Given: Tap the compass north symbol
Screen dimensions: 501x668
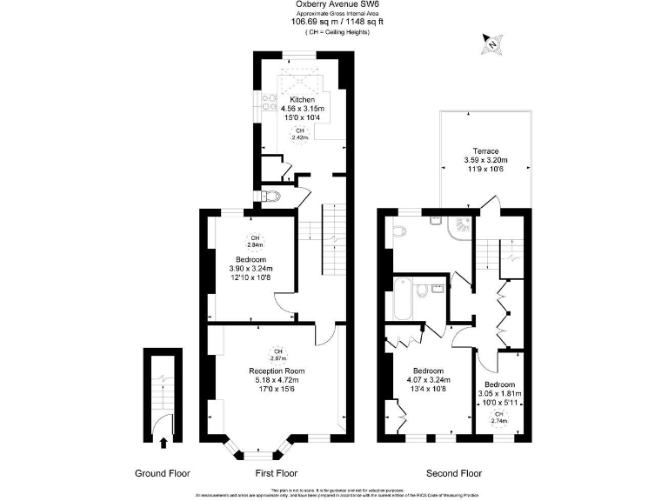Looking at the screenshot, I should click(492, 42).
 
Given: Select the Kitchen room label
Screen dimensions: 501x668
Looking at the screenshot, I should click(302, 99).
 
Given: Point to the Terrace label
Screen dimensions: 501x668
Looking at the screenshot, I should click(484, 150).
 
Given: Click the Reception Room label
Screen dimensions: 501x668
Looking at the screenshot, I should click(277, 371).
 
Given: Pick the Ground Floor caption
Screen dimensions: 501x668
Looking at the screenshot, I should click(163, 473).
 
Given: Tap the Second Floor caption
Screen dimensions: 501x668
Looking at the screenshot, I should click(453, 473).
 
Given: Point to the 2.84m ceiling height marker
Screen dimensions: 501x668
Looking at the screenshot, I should click(255, 242).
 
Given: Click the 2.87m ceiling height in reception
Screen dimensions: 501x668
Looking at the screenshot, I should click(277, 355).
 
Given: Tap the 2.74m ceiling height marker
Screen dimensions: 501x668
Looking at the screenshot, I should click(498, 417).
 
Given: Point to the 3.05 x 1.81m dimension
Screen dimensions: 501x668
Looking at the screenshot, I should click(498, 394).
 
